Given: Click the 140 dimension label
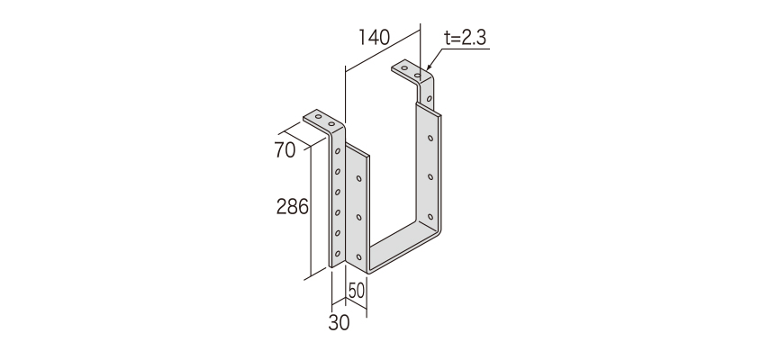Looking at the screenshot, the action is tap(374, 38).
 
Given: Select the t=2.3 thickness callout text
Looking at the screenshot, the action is tap(466, 38).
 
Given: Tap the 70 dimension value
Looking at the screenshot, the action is tap(285, 150).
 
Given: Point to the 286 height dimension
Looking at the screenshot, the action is tap(292, 207).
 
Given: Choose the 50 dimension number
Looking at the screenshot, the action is tap(357, 292).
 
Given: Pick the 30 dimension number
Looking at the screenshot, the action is tap(339, 323).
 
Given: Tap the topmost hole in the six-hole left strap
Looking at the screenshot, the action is tap(338, 151).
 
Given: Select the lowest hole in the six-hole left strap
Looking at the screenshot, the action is tap(338, 254).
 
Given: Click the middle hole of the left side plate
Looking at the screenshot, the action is tap(359, 217).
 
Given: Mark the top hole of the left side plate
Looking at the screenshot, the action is tap(359, 178).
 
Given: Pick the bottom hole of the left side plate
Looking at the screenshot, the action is tap(359, 256).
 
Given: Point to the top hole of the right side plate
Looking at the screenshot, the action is tap(430, 138).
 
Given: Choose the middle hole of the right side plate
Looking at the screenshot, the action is tap(430, 176).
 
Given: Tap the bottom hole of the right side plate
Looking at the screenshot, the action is tap(430, 216).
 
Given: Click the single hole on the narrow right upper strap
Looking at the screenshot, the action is tap(430, 99).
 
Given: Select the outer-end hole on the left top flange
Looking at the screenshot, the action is tap(318, 117).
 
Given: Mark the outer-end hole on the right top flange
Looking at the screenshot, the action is tap(404, 68).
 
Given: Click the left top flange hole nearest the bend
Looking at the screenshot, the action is tap(331, 124).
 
